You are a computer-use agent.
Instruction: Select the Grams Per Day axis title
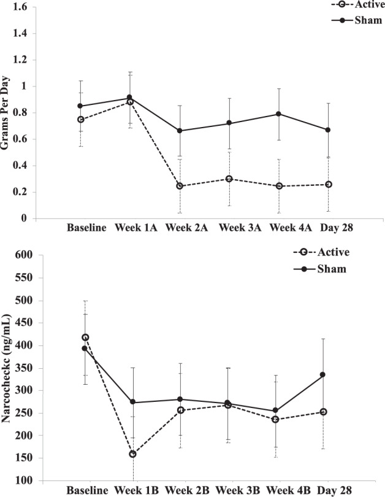tap(7, 112)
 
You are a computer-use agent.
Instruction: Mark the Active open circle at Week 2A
tap(180, 186)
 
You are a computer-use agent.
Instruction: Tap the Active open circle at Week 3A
tap(229, 179)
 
